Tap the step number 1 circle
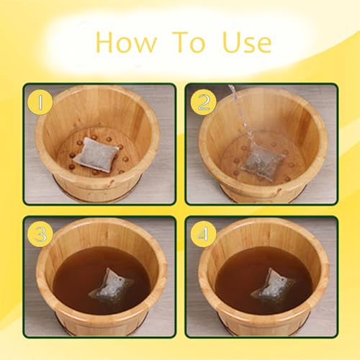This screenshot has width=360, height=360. [x=40, y=103]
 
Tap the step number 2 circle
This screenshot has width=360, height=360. [x=203, y=103]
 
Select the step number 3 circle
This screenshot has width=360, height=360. [x=40, y=234]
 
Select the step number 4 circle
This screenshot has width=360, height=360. [x=203, y=234]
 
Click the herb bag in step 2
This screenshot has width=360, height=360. [x=261, y=160]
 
